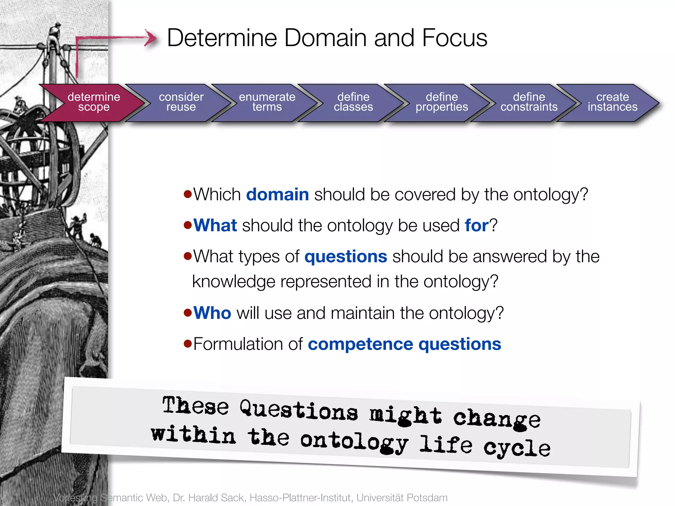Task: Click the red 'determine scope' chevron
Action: pos(94,102)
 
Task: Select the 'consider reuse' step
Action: pos(181,102)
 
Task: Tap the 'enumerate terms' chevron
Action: pos(267,102)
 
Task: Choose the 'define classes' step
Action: pos(353,102)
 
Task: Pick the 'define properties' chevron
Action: pos(442,102)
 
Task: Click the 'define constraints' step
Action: pos(529,102)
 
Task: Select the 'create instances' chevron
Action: pos(612,102)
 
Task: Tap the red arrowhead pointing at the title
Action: pos(151,38)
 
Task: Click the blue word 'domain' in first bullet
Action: pos(277,194)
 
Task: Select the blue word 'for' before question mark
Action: pos(476,226)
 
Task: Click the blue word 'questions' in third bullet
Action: pos(345,257)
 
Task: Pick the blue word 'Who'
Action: pos(212,313)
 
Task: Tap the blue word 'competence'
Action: pos(360,344)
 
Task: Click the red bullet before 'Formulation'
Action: pos(188,344)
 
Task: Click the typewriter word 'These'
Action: pos(195,406)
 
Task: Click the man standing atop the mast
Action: pos(55,36)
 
